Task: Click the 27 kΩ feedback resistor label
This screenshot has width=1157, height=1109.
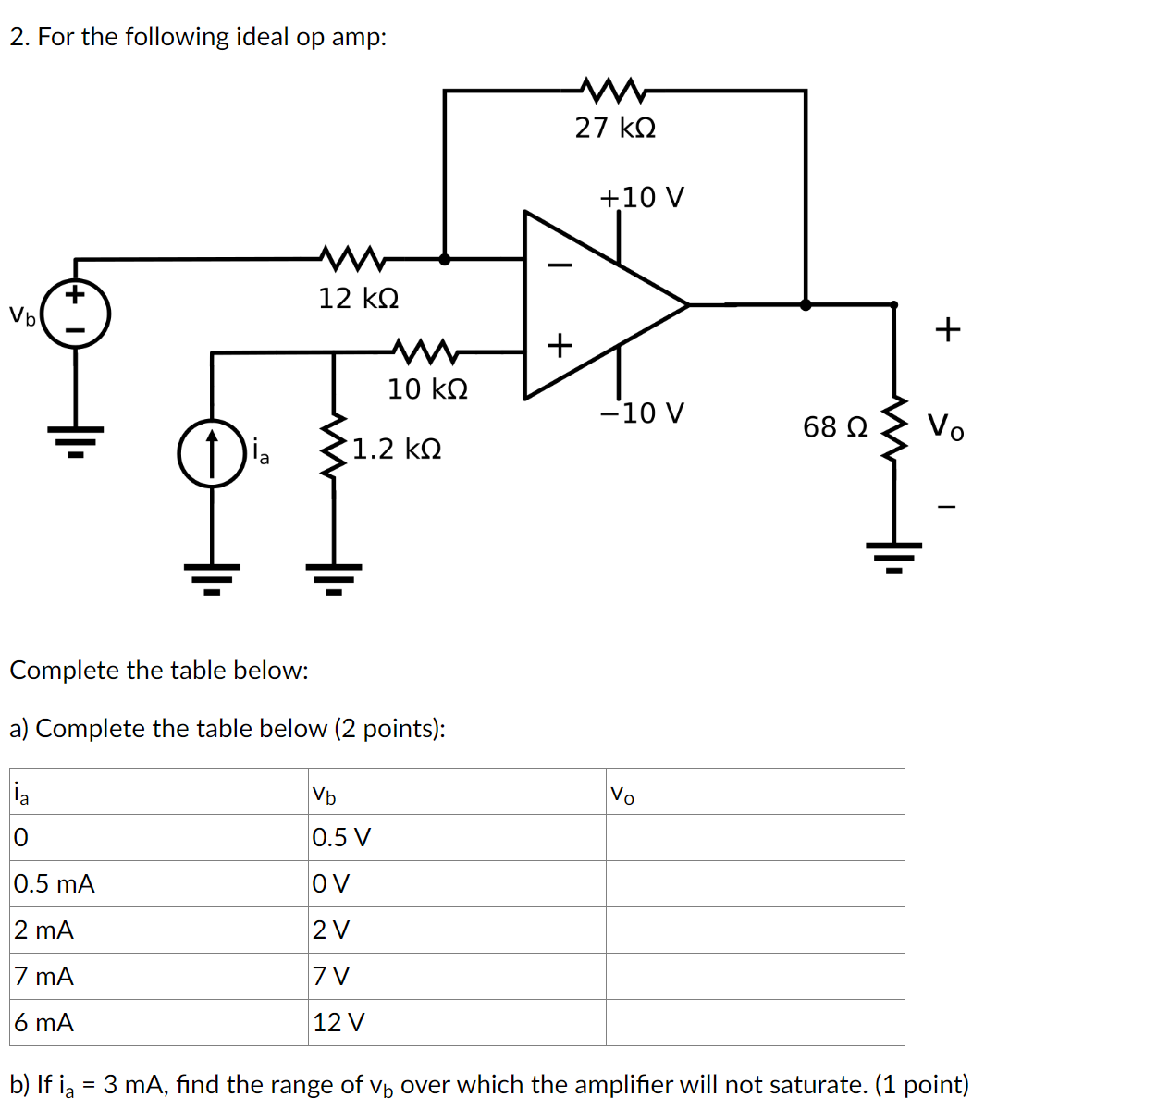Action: (x=615, y=128)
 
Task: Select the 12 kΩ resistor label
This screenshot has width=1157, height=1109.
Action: (x=359, y=299)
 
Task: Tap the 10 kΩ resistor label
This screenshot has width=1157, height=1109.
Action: (x=427, y=389)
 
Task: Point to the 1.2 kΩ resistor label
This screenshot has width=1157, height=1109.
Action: (x=396, y=450)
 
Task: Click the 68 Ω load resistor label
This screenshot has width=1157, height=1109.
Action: (x=834, y=427)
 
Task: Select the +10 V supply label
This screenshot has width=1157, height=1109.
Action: (x=642, y=198)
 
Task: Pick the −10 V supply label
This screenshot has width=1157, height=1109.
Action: (x=642, y=413)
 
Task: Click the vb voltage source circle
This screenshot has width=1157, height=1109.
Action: (x=76, y=314)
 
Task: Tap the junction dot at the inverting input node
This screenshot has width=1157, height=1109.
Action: (x=445, y=260)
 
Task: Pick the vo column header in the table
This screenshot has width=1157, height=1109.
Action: (x=622, y=794)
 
